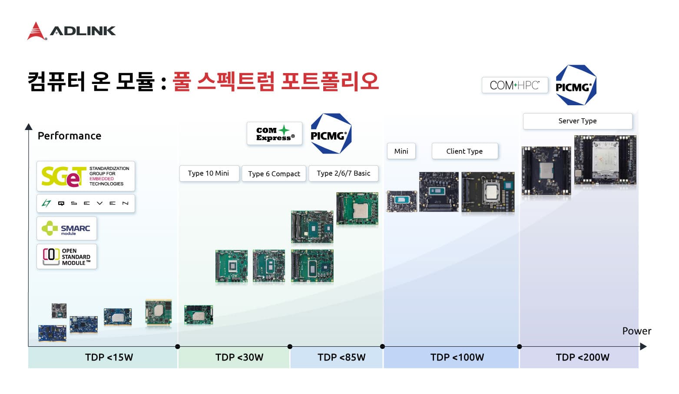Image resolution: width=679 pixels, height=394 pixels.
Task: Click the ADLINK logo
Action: pos(71,31)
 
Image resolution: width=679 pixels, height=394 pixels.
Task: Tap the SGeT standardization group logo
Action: pos(86,176)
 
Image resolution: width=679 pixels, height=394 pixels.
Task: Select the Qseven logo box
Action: pos(86,204)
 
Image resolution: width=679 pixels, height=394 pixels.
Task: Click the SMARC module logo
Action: pos(67,228)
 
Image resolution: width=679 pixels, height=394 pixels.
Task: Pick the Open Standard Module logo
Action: pos(67,257)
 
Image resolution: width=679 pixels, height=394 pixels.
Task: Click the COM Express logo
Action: pos(274,134)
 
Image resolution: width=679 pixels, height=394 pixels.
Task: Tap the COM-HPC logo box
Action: pos(515,85)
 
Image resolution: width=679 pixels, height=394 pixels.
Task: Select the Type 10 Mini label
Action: pos(209,174)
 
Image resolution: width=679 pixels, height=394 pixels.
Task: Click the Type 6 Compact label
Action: pos(274,174)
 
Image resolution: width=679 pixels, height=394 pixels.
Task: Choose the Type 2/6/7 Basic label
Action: pos(344,174)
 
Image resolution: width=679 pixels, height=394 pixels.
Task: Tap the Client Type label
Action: pos(465,151)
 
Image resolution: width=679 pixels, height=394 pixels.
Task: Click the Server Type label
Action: pos(577,121)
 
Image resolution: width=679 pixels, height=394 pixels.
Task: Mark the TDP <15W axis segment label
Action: pos(109,357)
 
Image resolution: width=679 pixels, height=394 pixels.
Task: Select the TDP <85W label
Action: pos(341,357)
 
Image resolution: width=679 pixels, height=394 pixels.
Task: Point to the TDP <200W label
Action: pos(583,357)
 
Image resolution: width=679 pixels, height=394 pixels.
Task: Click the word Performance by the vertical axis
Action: pos(70,136)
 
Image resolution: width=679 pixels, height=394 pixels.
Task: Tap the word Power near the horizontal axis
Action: pos(636,331)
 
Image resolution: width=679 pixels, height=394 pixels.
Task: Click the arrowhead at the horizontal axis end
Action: pos(643,346)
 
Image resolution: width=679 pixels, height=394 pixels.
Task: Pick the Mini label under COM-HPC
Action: pos(401,151)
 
